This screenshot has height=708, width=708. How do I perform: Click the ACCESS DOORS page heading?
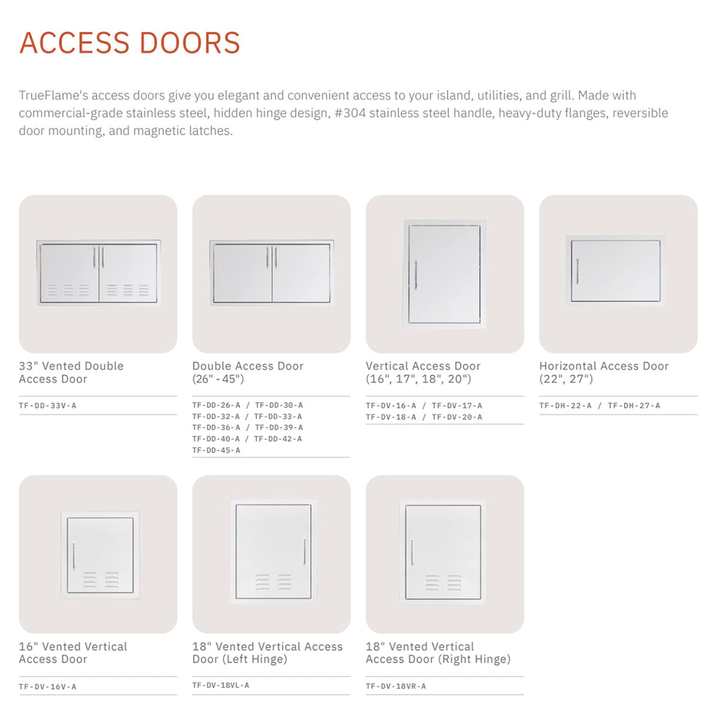130,42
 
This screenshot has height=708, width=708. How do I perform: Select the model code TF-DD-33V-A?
47,406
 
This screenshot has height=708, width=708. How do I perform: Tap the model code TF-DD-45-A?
216,450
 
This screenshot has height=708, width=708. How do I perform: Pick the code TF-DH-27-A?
634,406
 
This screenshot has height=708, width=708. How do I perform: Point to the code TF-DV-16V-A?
47,686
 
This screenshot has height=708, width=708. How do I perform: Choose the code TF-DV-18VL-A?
221,685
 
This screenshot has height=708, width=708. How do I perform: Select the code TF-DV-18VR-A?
396,686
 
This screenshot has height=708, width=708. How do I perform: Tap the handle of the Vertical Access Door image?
416,274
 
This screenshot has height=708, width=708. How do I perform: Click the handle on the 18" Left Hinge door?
304,551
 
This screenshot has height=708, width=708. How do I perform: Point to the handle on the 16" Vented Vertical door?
74,554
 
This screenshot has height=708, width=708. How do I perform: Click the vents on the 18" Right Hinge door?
442,582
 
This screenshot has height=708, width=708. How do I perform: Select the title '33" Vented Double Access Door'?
71,372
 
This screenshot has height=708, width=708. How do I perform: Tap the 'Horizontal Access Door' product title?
604,366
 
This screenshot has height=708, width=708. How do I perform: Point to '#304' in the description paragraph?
346,113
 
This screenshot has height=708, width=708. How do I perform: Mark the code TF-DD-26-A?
217,406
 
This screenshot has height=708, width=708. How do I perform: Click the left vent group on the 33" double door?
69,290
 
